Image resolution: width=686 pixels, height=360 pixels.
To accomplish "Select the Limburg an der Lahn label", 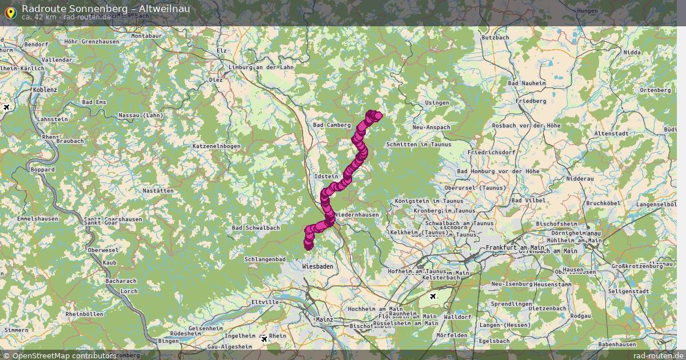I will pos(261,67).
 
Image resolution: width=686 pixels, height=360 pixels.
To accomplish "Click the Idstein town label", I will pos(326,177).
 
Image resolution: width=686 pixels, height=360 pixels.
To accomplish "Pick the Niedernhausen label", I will pos(357,214).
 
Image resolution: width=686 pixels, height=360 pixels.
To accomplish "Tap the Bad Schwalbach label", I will pos(256,227).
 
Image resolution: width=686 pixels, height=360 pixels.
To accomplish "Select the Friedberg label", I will pos(531,101).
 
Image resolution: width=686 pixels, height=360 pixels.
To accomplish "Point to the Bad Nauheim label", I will pos(527,83).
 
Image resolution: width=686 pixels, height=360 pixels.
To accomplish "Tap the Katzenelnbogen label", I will pos(217,146).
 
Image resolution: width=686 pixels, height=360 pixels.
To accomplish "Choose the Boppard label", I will pos(43,170).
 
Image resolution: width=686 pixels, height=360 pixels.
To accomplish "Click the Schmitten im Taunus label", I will pos(418,145).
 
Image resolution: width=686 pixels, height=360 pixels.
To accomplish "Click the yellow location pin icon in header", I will pos(10,11).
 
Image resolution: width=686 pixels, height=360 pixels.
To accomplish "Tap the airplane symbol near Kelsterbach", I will pos(433,296).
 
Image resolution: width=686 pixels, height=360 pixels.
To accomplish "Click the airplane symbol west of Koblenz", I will pos(6,107).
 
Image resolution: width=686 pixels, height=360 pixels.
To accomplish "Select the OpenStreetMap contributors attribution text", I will pos(58,355).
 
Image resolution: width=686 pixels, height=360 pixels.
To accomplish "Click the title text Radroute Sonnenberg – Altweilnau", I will pos(106,8).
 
